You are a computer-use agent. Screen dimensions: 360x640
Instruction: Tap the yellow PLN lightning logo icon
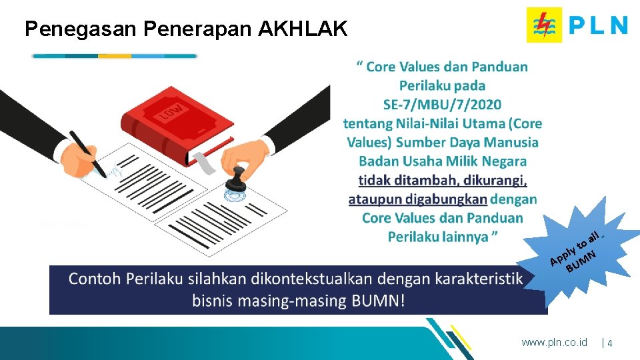(543, 25)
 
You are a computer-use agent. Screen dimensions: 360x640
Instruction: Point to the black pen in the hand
(88, 153)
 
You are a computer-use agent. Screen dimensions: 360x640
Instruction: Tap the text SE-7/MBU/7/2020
(443, 104)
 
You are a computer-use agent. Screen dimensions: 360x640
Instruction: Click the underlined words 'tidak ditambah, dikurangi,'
(443, 180)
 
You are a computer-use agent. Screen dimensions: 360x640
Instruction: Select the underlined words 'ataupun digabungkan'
(417, 199)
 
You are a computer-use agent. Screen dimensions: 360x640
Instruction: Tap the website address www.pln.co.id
(554, 342)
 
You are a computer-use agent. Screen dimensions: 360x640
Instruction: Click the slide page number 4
(610, 343)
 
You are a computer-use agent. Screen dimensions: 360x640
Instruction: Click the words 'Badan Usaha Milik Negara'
(443, 161)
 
